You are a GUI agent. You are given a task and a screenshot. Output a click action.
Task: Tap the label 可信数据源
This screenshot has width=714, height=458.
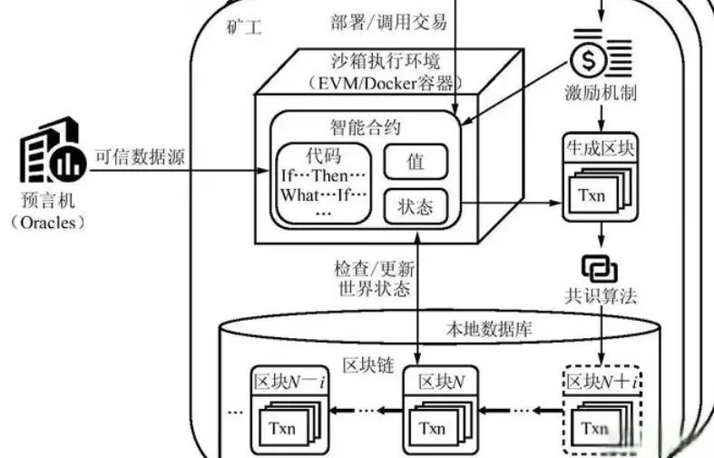pos(141,154)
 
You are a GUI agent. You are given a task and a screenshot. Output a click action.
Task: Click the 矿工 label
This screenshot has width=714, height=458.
pos(243,28)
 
